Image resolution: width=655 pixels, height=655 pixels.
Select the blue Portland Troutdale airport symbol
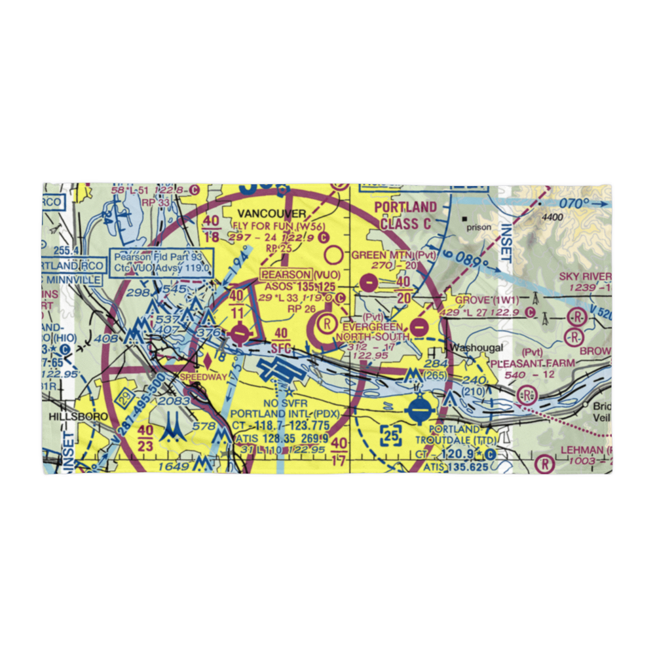[419, 411]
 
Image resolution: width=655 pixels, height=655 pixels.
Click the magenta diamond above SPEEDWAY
[208, 360]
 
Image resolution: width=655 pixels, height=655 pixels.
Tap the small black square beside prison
[464, 219]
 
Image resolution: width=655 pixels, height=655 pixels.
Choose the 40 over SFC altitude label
[281, 339]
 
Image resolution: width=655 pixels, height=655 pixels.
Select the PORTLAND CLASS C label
[405, 215]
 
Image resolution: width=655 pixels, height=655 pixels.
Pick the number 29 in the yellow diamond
[124, 397]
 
